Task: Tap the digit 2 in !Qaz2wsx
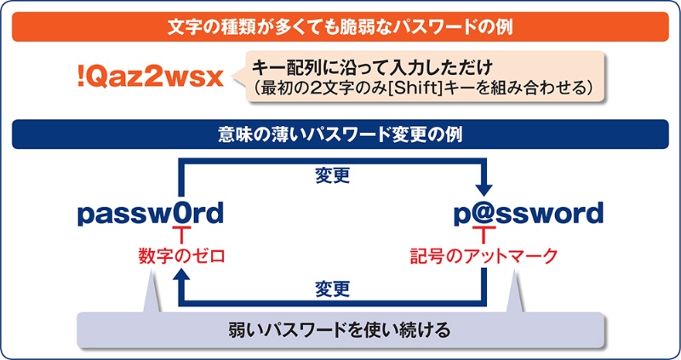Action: pyautogui.click(x=162, y=78)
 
